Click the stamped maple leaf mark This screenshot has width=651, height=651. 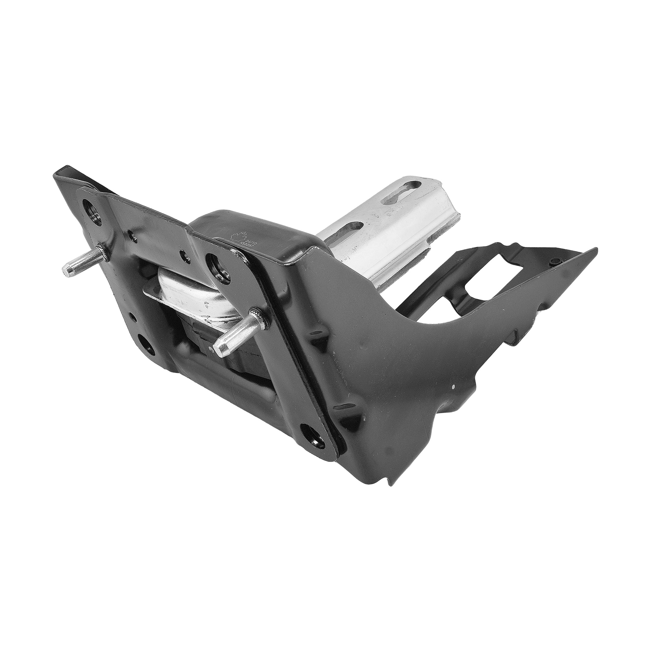tap(239, 236)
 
